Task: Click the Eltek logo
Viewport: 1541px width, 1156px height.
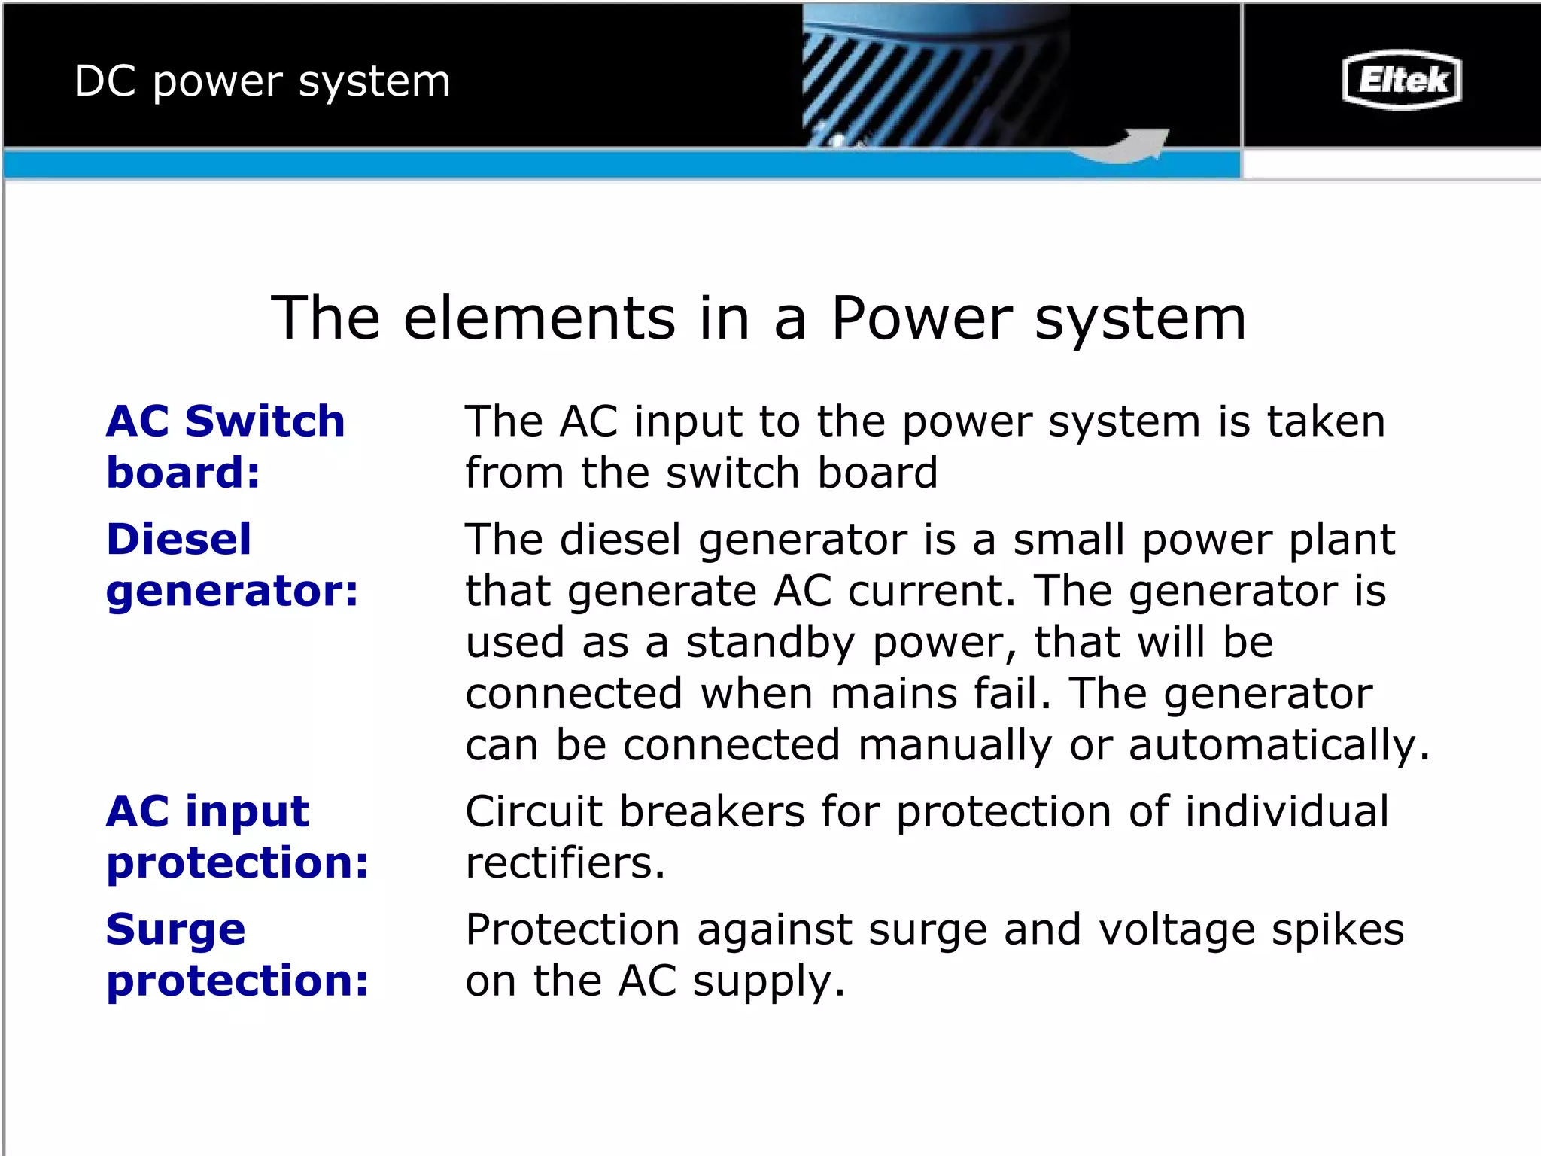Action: pyautogui.click(x=1402, y=80)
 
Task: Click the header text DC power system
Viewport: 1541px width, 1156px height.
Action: pyautogui.click(x=262, y=81)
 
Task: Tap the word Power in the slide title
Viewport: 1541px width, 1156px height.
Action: pyautogui.click(x=922, y=318)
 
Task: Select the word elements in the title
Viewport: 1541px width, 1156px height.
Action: pyautogui.click(x=539, y=318)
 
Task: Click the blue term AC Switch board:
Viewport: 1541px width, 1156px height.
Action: pyautogui.click(x=225, y=446)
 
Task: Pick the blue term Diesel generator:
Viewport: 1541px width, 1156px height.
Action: pyautogui.click(x=232, y=564)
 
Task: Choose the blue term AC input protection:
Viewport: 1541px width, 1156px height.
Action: pyautogui.click(x=237, y=836)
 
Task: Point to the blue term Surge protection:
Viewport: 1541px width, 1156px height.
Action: pyautogui.click(x=237, y=954)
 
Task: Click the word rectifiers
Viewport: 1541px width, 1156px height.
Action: pyautogui.click(x=565, y=862)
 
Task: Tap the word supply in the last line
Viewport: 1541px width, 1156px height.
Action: pyautogui.click(x=767, y=981)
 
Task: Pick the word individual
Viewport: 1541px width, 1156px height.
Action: pyautogui.click(x=1287, y=811)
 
